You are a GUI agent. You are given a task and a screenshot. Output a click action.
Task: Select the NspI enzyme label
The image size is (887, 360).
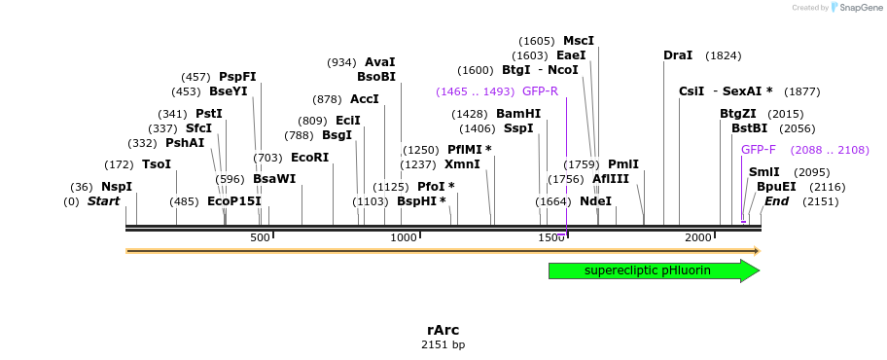tap(116, 187)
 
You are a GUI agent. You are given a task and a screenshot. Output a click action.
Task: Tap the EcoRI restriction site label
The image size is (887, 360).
tap(309, 158)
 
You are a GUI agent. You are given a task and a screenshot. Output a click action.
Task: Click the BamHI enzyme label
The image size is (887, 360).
tap(517, 114)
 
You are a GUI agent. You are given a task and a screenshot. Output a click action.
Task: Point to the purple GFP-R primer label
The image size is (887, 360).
tap(540, 91)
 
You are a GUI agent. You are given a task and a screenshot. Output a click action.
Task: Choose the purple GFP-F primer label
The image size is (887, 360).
tap(759, 150)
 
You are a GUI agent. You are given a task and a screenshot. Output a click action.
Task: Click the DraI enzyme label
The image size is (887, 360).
tap(678, 55)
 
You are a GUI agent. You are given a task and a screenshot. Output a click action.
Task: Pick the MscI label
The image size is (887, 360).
tap(579, 41)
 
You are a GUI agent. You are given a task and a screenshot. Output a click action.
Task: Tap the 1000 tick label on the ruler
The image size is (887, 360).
tap(403, 238)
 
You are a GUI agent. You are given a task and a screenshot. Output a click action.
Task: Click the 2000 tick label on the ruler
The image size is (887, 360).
tap(698, 238)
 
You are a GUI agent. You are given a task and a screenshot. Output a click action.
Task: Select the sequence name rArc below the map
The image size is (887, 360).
tap(443, 330)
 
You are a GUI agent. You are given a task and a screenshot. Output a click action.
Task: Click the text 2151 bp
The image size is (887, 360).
tap(443, 345)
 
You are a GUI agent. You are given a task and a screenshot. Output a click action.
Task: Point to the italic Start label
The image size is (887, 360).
tap(103, 201)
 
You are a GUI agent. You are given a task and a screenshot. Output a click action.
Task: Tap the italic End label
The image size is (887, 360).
tap(776, 201)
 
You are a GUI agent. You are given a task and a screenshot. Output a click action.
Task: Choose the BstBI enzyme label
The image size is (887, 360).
tap(749, 128)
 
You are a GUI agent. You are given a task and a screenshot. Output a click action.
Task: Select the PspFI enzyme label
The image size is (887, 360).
tap(237, 77)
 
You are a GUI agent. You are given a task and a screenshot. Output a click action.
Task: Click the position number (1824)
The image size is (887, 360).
tap(723, 55)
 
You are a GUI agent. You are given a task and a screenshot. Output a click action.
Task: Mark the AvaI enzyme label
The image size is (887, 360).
tap(380, 62)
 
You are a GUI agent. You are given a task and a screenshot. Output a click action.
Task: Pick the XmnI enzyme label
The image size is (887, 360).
tap(462, 164)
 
